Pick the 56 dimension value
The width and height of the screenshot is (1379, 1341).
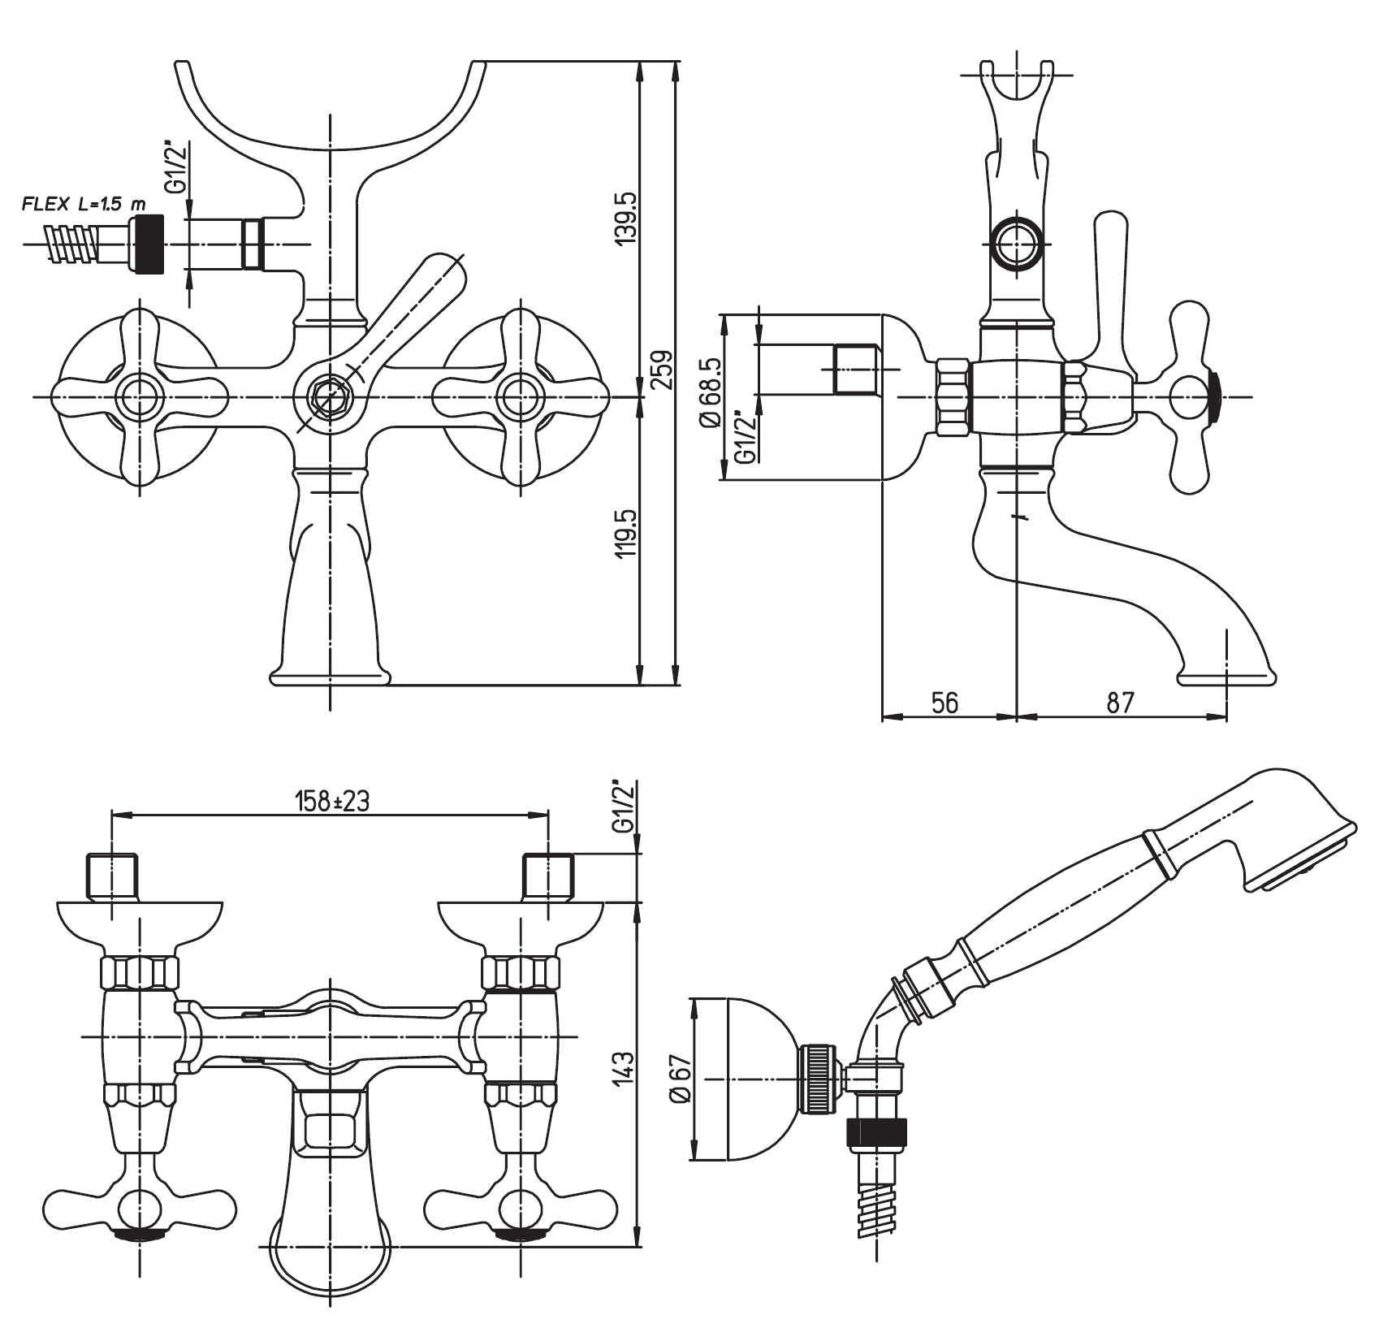[x=945, y=703]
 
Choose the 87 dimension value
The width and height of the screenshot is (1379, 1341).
[x=1120, y=703]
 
